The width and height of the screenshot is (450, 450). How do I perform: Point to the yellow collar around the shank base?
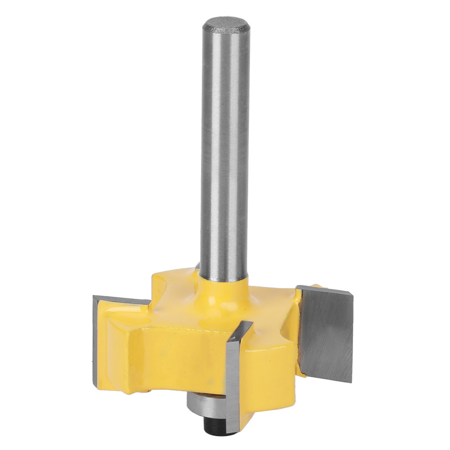click(225, 288)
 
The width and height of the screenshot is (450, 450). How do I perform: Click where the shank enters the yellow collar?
click(225, 278)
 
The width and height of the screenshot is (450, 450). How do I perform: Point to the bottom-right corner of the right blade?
click(351, 383)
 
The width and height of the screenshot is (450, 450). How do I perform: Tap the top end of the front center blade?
click(245, 324)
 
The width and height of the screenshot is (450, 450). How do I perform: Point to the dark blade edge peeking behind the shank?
click(197, 265)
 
